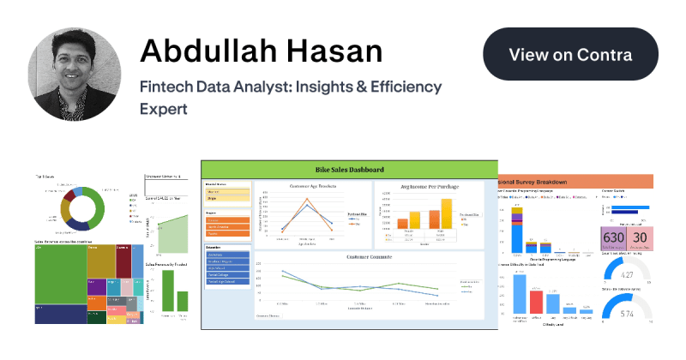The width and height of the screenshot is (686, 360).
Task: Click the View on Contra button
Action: (x=570, y=54)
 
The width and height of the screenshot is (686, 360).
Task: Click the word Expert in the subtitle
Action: (x=162, y=109)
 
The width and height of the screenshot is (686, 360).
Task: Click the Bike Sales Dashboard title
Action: (x=349, y=169)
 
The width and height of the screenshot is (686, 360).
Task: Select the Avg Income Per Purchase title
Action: (x=430, y=186)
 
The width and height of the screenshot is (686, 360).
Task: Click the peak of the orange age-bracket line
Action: (x=308, y=201)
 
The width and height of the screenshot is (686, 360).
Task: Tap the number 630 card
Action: (x=613, y=238)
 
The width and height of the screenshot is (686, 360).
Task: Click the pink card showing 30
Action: (x=640, y=238)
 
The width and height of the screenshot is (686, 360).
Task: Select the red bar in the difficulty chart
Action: (x=536, y=302)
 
